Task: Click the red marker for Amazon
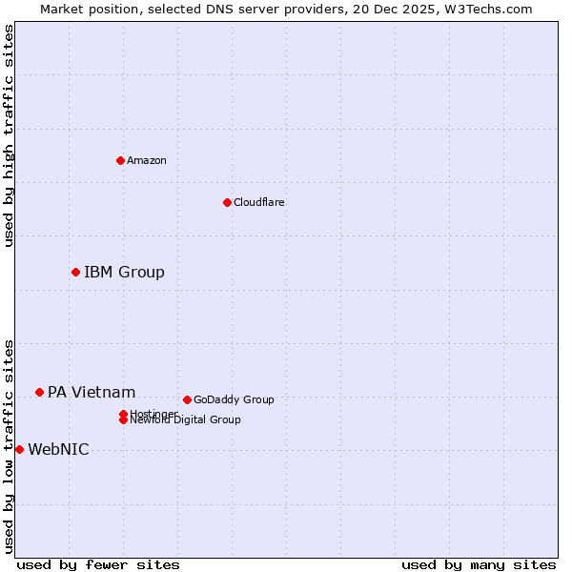tap(120, 160)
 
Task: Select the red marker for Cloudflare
tap(227, 202)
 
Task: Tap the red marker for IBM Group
tap(75, 273)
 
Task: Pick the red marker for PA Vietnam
tap(39, 392)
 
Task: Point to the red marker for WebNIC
tap(19, 449)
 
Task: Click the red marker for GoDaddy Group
tap(187, 399)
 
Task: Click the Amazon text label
tap(147, 160)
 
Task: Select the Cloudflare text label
tap(259, 202)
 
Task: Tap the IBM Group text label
tap(124, 273)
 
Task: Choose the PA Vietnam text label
tap(92, 393)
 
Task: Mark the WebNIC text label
tap(58, 450)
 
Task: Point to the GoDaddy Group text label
tap(234, 399)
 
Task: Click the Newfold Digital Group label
tap(185, 420)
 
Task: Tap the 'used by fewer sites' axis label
tap(98, 564)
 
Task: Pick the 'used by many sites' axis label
tap(479, 564)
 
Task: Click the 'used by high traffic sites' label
tap(10, 135)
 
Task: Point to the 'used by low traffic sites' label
tap(10, 445)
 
